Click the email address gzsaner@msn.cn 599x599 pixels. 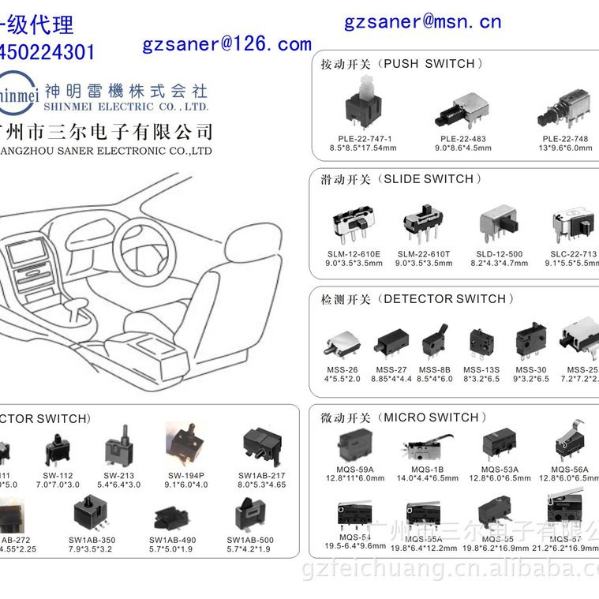tap(422, 22)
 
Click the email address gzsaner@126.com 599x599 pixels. tap(226, 45)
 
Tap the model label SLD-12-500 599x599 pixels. tap(498, 254)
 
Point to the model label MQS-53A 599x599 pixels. tap(500, 469)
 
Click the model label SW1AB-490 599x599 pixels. tap(172, 540)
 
